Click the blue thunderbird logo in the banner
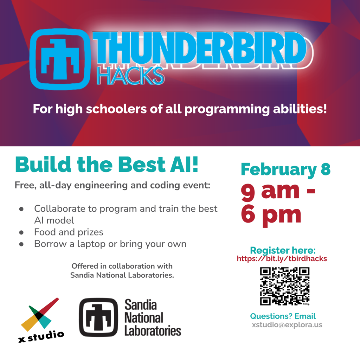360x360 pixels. [60, 59]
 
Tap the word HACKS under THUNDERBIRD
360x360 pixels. [130, 76]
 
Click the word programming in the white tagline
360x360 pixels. [227, 109]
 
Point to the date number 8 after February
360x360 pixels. [326, 169]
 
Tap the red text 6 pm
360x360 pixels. [271, 216]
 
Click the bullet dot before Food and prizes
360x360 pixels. [21, 233]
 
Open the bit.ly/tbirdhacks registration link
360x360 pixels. [282, 259]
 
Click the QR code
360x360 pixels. [285, 286]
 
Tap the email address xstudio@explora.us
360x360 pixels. [287, 325]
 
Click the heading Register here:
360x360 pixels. [283, 250]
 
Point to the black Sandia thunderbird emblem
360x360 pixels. [98, 317]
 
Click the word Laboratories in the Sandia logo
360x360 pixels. [153, 331]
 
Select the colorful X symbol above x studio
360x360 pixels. [40, 314]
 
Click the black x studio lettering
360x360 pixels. [41, 336]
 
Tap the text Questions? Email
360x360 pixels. [283, 316]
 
